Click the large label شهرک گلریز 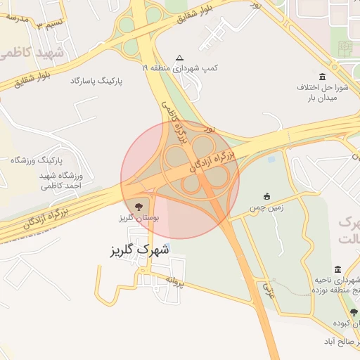point(141,250)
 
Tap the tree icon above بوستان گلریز point(138,206)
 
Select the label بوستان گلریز point(140,219)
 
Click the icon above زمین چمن point(266,197)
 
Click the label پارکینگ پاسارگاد point(96,82)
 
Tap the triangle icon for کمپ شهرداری point(179,58)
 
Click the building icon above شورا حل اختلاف point(323,77)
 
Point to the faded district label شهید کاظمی point(32,53)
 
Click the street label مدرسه point(15,18)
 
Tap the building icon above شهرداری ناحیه point(338,270)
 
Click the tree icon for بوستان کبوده point(354,312)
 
